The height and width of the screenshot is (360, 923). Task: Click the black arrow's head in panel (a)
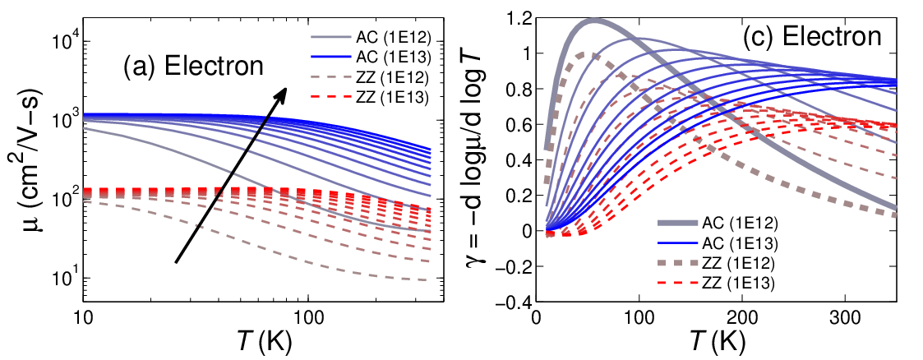(281, 95)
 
